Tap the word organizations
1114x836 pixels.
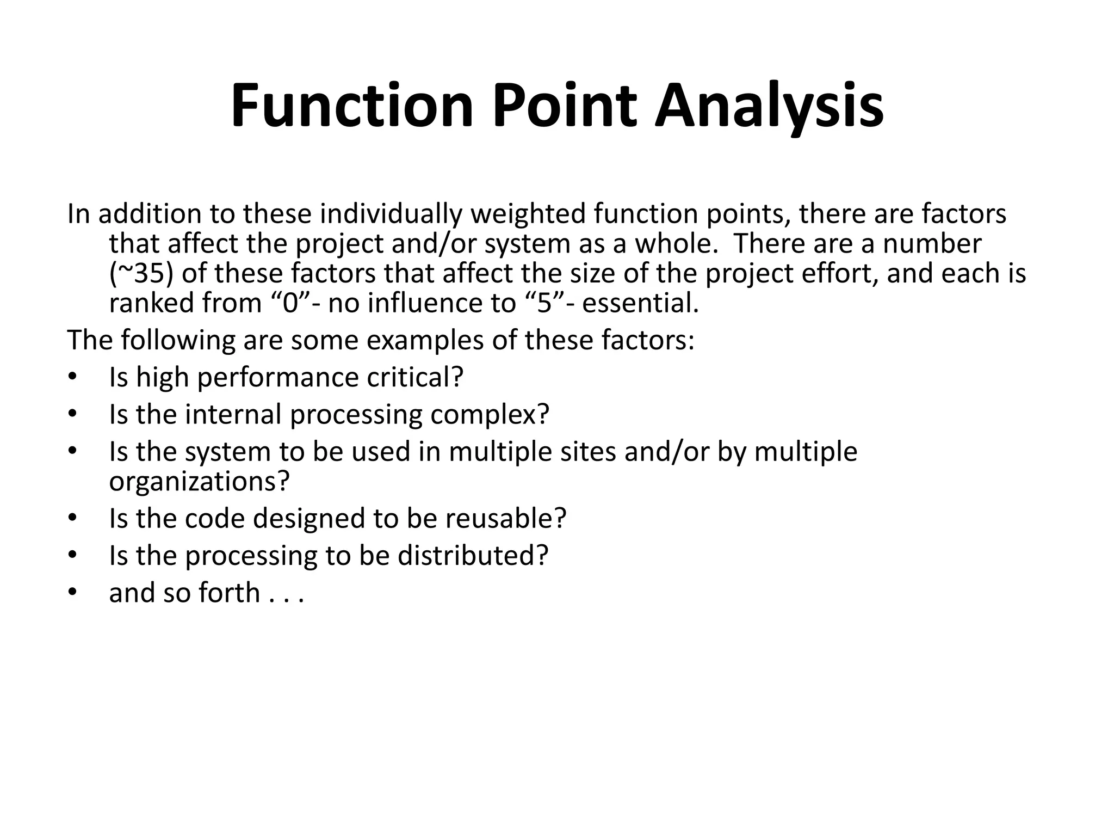199,481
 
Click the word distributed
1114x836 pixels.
472,555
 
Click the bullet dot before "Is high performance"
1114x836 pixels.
73,378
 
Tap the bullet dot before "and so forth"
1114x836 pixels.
73,593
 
